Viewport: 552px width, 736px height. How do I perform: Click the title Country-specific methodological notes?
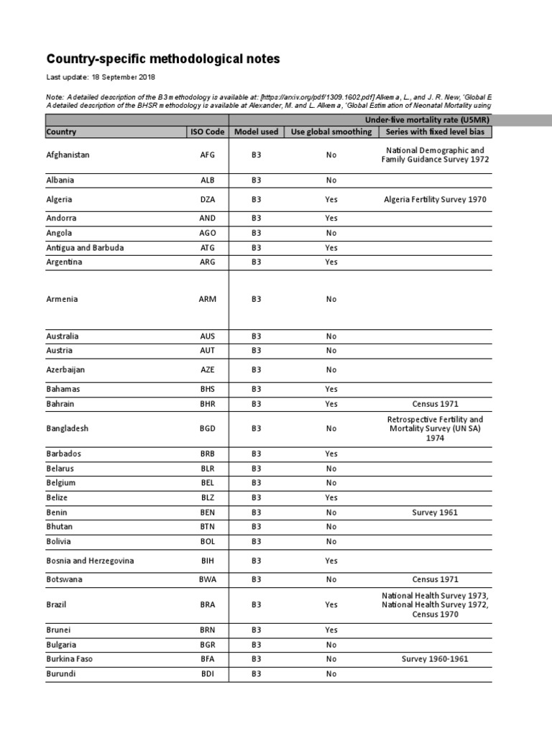[x=163, y=59]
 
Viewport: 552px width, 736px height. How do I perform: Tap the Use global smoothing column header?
[x=331, y=132]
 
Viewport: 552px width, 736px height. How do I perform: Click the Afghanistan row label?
[x=68, y=155]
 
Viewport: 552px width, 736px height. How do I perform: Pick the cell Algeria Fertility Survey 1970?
[x=435, y=200]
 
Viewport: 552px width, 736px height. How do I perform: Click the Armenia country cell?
[x=62, y=299]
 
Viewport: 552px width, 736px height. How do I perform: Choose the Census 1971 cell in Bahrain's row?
[x=435, y=404]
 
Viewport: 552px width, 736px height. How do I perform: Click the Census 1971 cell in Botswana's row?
[x=435, y=579]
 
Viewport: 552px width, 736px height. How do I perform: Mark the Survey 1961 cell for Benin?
[x=435, y=512]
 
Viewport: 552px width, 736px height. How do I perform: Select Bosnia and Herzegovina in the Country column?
[x=91, y=560]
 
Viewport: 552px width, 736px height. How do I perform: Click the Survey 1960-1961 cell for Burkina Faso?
[x=435, y=658]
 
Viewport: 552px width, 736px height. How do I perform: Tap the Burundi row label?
[x=61, y=674]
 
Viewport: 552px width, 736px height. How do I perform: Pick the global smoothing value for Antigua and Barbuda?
[x=331, y=247]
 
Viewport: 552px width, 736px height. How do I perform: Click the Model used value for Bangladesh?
[x=256, y=428]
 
